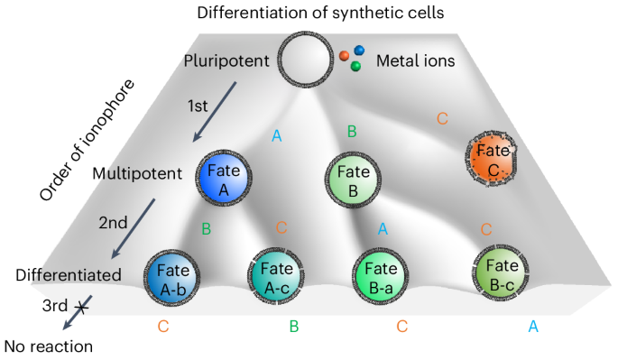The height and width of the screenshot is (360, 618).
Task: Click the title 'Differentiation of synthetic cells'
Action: (x=309, y=12)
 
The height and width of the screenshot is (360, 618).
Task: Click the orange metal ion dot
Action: (x=344, y=57)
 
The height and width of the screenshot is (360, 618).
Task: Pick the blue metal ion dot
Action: (x=359, y=51)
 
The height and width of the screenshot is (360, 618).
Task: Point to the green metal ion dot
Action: (x=356, y=66)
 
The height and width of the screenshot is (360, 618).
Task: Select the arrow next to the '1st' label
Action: (x=215, y=111)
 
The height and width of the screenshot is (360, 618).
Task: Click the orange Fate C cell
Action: (x=493, y=158)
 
